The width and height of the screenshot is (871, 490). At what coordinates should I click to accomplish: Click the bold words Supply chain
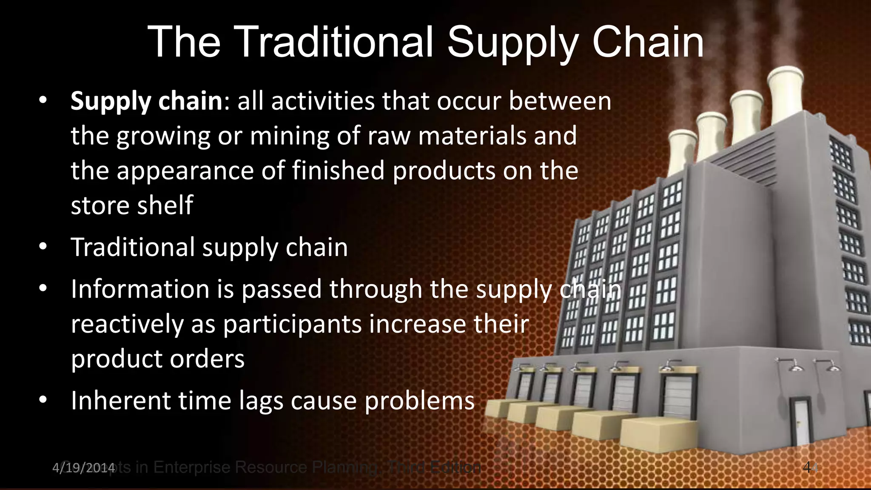click(x=146, y=101)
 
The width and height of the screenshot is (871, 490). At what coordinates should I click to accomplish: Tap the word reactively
click(x=127, y=324)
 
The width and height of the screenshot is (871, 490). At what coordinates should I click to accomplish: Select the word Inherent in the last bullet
click(x=120, y=401)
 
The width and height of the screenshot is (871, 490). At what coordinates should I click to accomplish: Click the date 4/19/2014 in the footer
click(x=83, y=468)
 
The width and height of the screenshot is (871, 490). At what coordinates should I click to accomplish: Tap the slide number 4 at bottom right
click(x=807, y=467)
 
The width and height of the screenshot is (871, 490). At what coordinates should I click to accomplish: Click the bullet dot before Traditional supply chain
click(x=43, y=247)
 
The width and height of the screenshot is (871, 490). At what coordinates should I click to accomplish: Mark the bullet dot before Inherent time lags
click(x=43, y=400)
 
